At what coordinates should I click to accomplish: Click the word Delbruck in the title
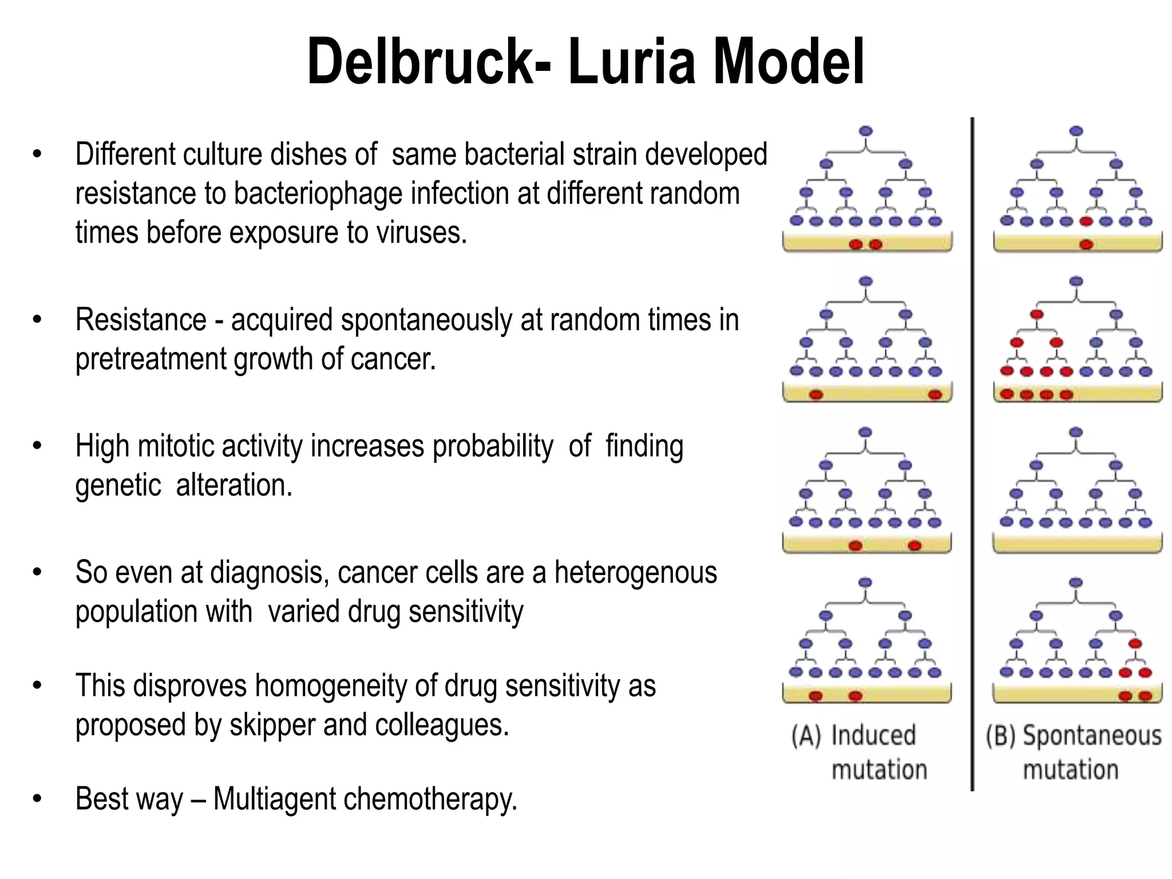click(421, 62)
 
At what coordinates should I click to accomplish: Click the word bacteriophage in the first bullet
click(372, 194)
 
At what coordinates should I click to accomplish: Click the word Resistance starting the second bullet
click(141, 320)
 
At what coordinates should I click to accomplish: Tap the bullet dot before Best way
click(37, 799)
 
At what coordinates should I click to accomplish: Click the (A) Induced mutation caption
click(858, 752)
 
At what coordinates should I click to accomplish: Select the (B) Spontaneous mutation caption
click(1074, 752)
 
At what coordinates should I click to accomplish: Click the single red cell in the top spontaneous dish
click(1086, 245)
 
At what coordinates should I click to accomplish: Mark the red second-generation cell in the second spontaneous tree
click(1036, 314)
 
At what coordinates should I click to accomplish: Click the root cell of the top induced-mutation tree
click(866, 131)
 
